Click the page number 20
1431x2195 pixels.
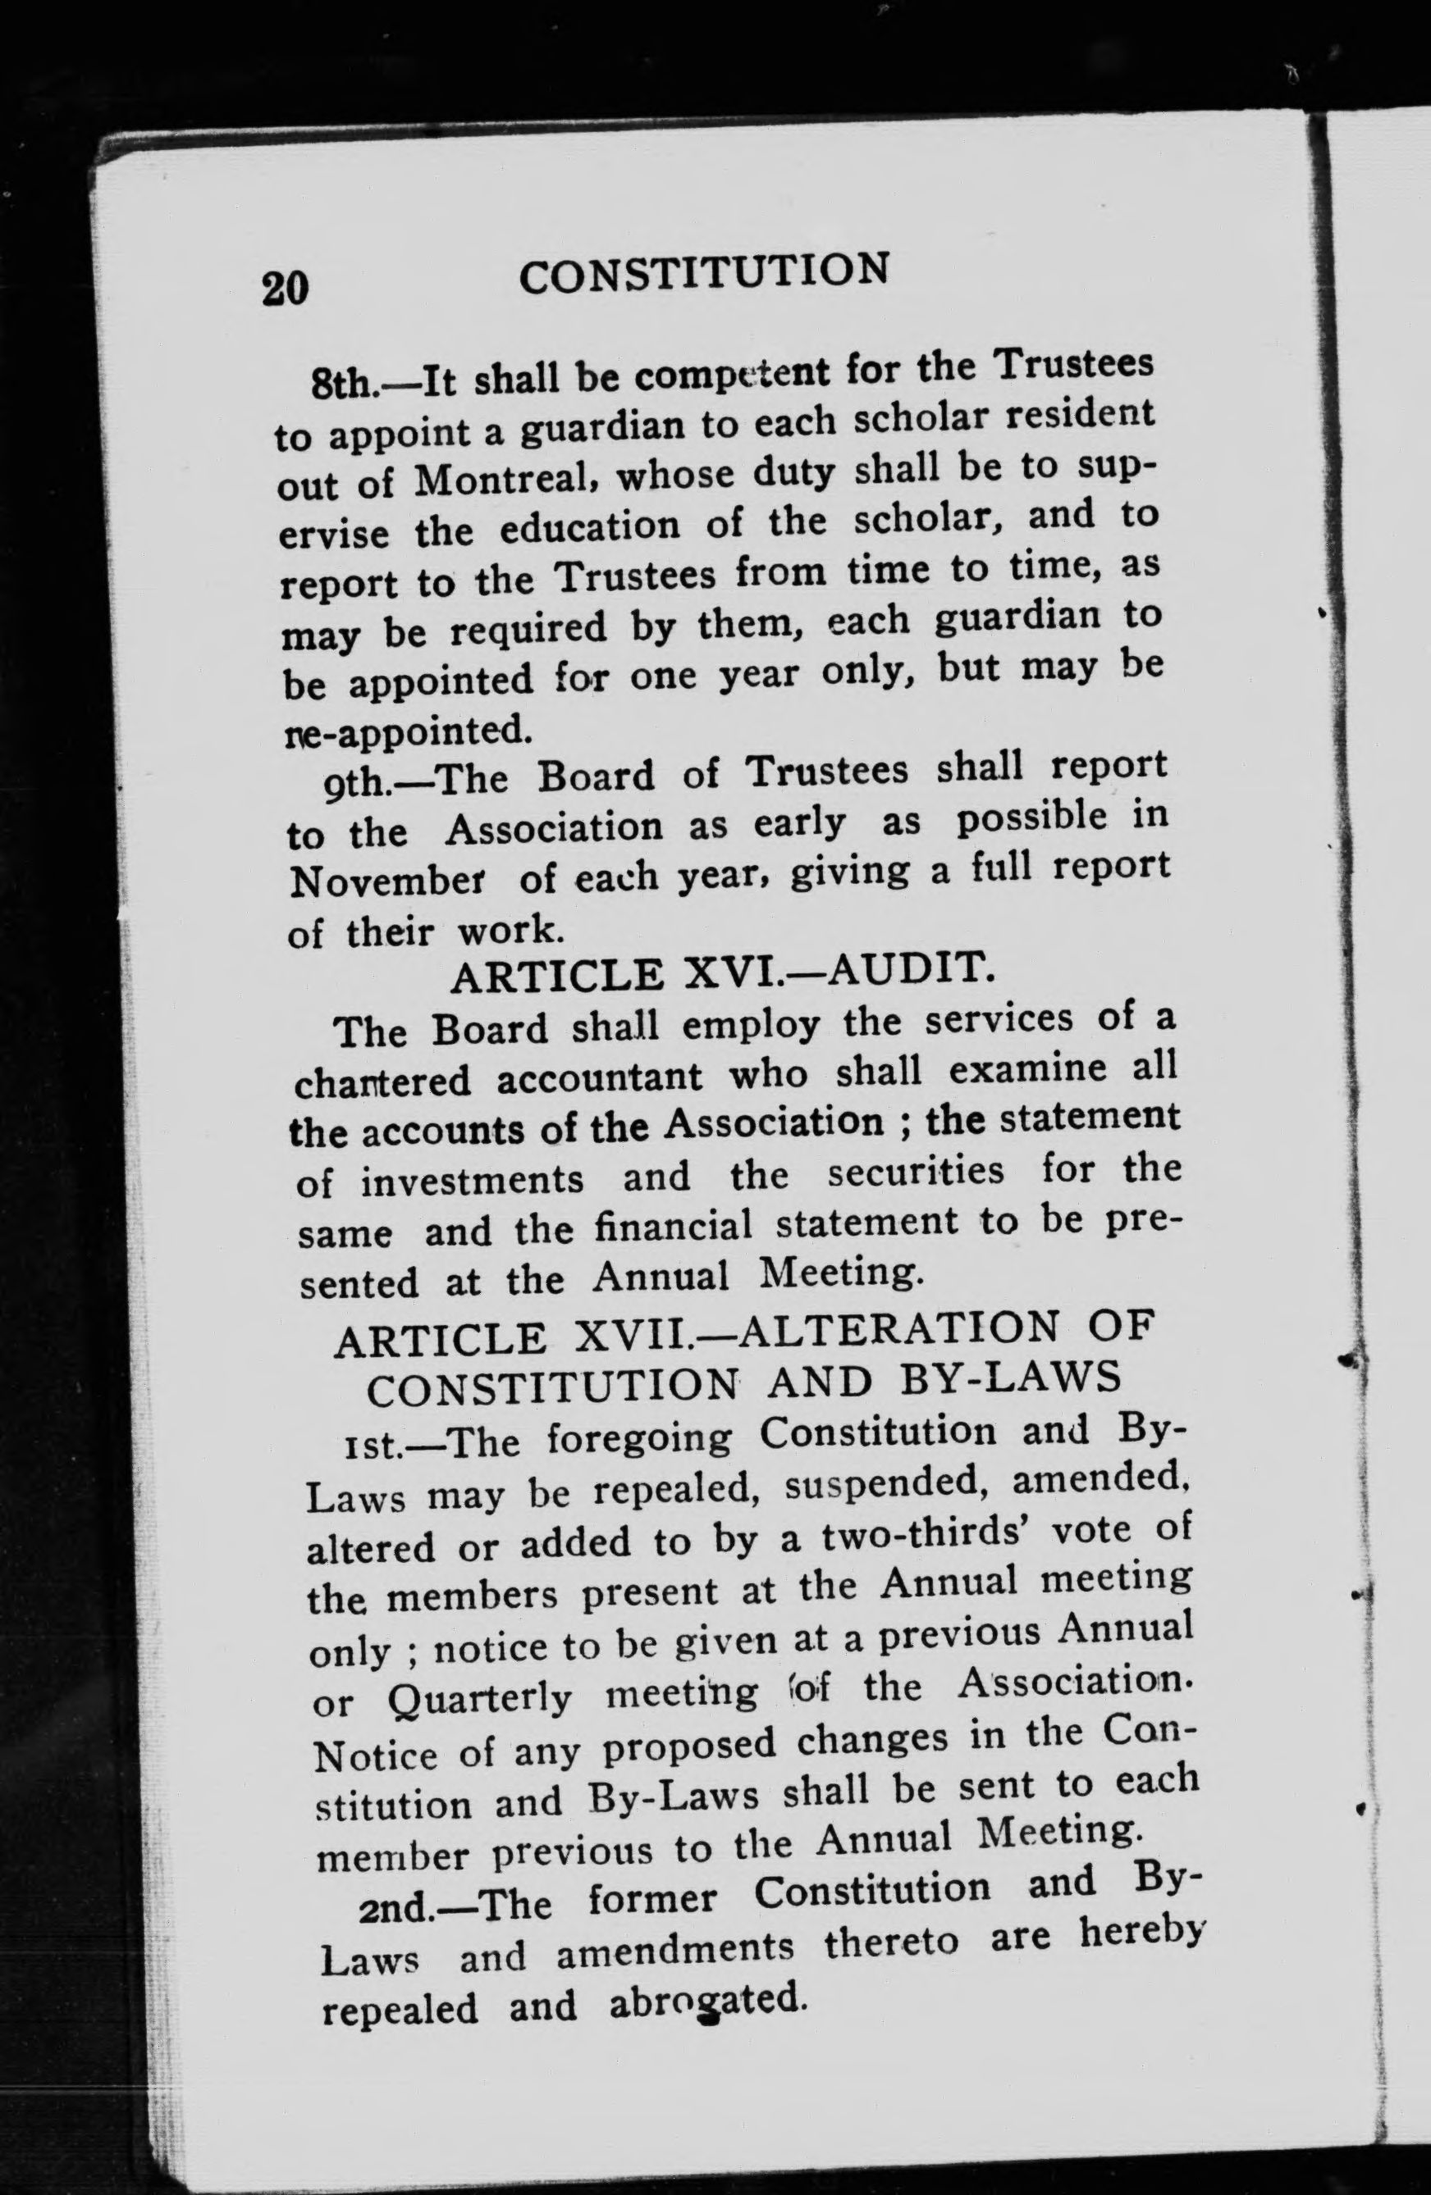click(284, 288)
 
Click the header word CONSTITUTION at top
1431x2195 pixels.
click(705, 273)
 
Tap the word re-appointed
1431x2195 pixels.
click(407, 731)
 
